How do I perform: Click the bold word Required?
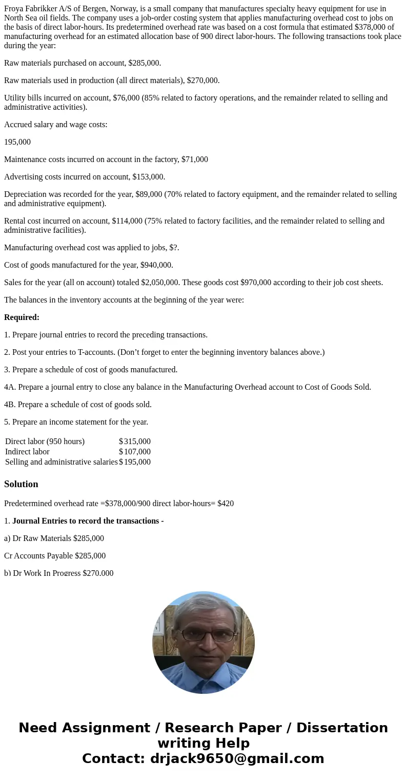click(22, 317)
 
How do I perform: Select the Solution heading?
click(21, 484)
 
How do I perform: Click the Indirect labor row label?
click(27, 452)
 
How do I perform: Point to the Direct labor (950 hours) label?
click(45, 442)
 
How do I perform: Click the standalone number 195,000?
click(17, 142)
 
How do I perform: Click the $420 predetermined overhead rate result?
click(226, 504)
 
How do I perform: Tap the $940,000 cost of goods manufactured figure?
click(156, 265)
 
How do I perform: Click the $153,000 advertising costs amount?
click(149, 177)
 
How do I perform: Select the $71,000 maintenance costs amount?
click(195, 159)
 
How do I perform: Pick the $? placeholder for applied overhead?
click(174, 248)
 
